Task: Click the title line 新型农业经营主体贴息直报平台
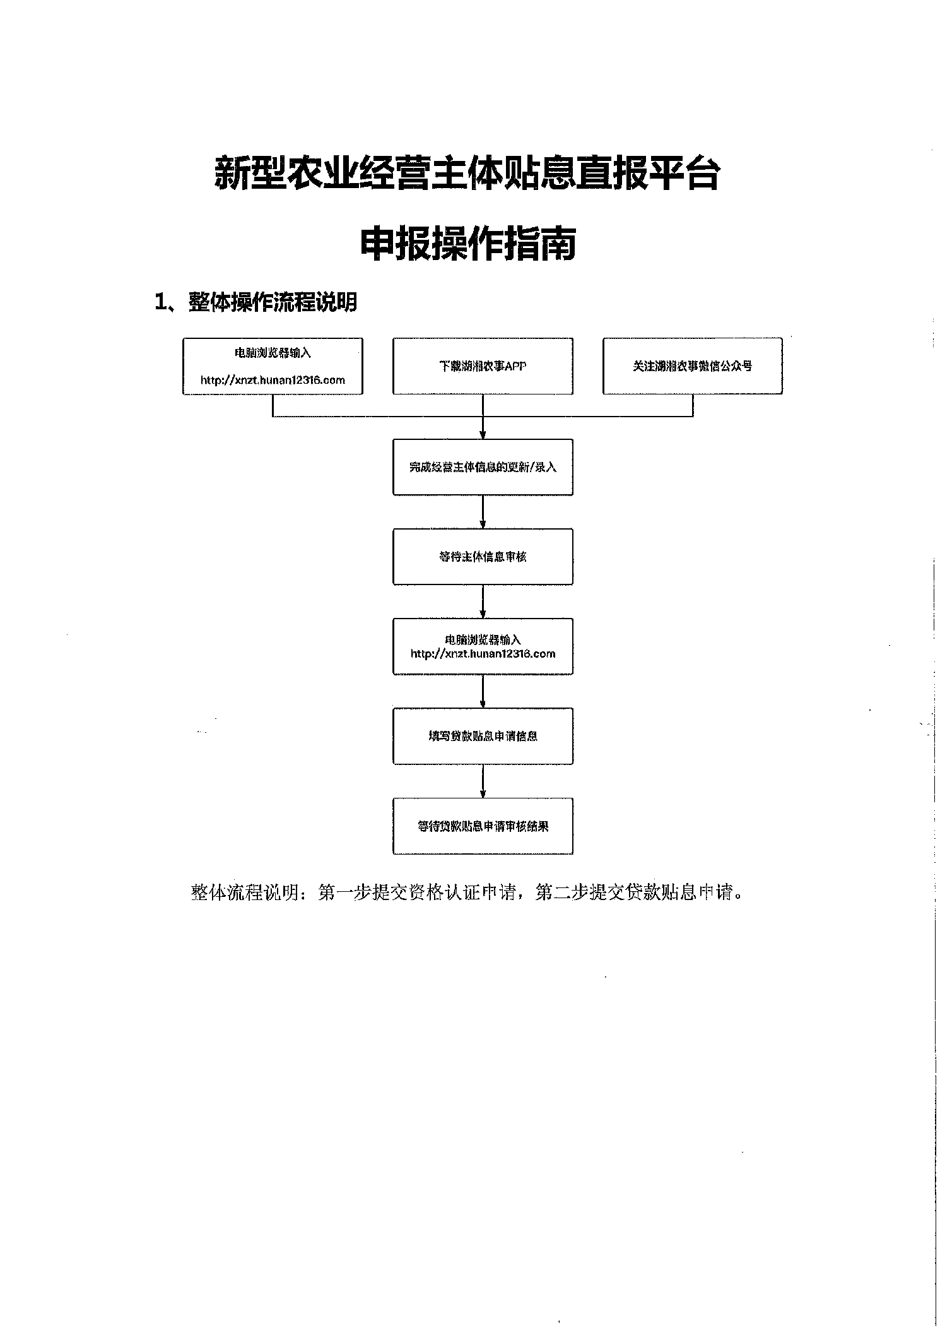pos(467,173)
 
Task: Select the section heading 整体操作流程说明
pos(273,302)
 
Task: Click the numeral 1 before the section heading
pos(160,302)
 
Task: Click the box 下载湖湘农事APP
pos(483,366)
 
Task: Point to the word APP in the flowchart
pos(515,366)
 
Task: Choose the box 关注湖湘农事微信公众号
pos(692,366)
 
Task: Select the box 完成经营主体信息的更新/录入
pos(483,467)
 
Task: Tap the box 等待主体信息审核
pos(483,557)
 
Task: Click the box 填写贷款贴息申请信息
pos(483,736)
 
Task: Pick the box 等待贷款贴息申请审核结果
pos(483,826)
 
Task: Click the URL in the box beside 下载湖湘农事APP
pos(273,380)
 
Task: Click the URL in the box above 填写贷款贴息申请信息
pos(483,654)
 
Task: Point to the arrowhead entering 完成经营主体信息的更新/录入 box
pos(483,434)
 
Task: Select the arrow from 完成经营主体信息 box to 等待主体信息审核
pos(483,512)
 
